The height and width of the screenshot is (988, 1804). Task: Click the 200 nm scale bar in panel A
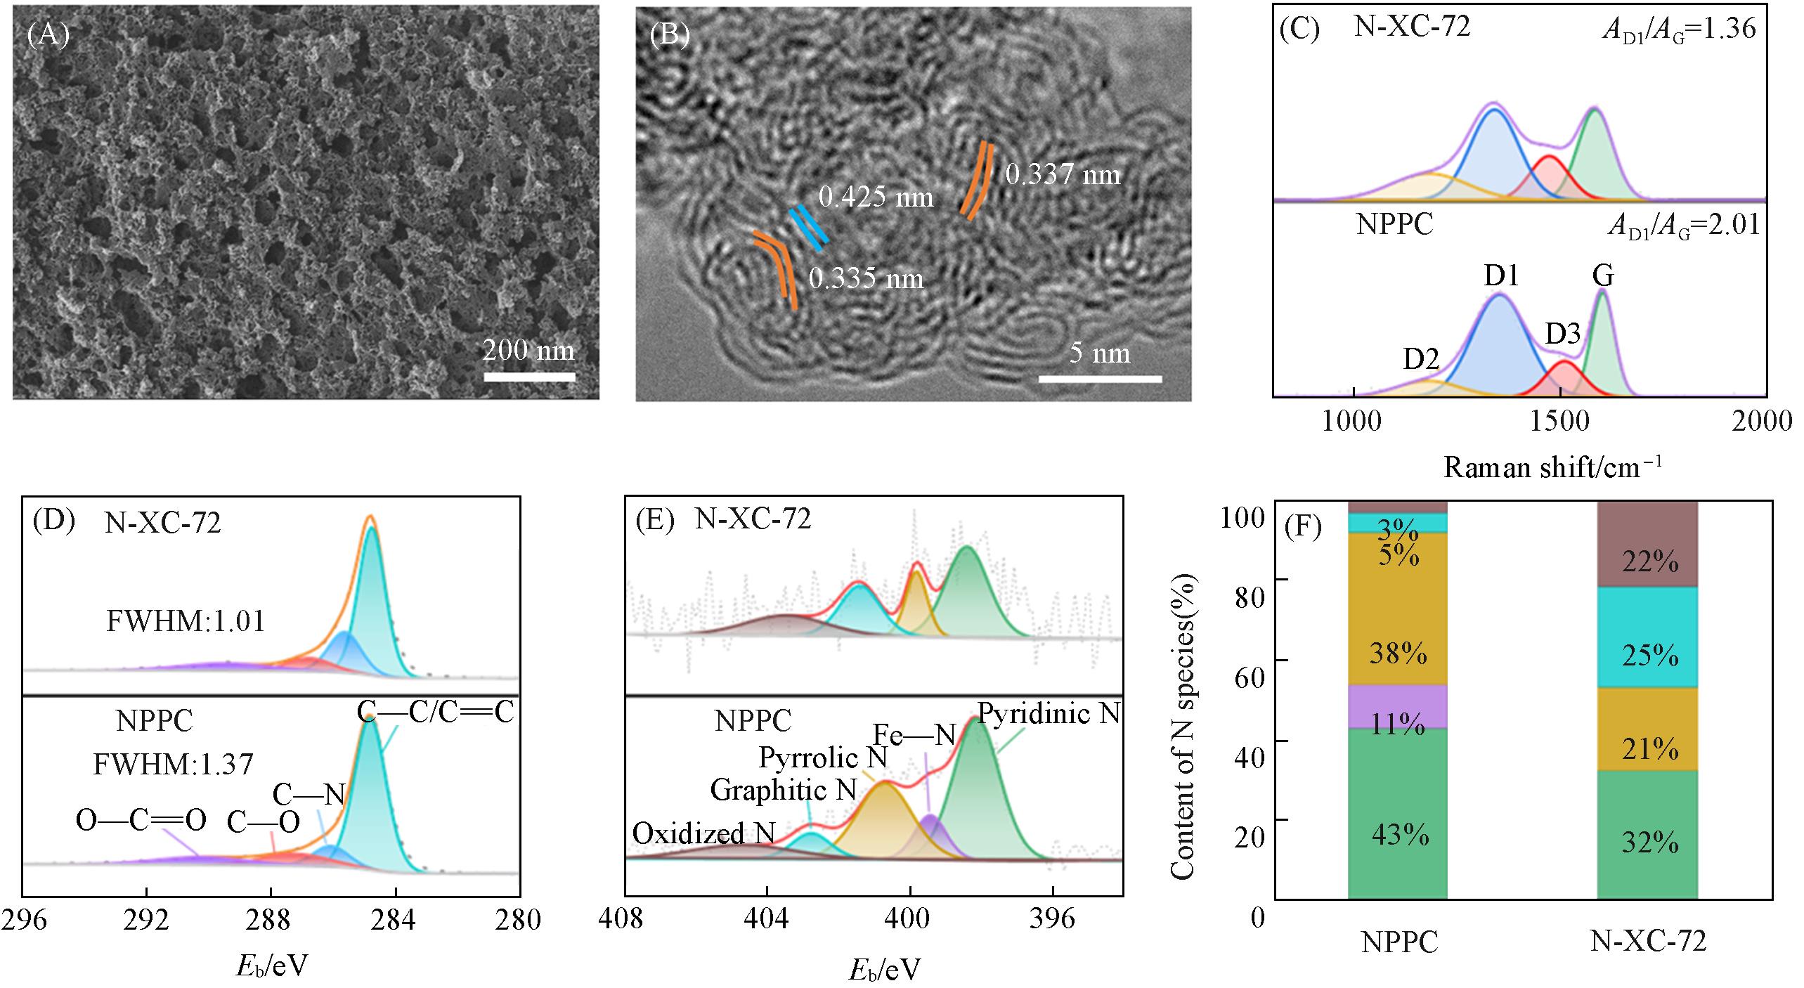click(529, 377)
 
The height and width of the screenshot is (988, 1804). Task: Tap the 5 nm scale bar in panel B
click(1100, 379)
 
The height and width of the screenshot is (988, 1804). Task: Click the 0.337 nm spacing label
click(1063, 174)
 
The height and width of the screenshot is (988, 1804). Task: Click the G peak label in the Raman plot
click(1603, 276)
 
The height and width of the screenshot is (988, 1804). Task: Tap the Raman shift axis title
click(1552, 467)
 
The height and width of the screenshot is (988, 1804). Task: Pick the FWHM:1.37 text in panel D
click(173, 764)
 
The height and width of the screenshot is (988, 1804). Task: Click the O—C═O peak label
click(141, 820)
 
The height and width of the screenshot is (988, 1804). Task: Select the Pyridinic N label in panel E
click(1049, 715)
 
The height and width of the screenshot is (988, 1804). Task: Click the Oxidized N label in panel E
click(703, 833)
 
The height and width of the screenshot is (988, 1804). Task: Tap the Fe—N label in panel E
click(914, 735)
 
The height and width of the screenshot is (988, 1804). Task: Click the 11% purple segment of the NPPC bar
click(1397, 706)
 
